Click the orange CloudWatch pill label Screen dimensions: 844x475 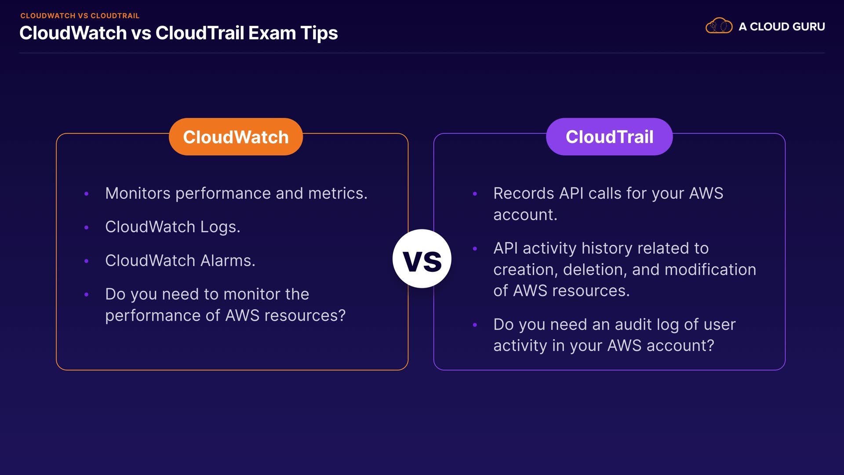[x=236, y=137]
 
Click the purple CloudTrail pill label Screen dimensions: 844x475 [x=609, y=137]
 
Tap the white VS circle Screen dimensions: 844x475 [x=422, y=259]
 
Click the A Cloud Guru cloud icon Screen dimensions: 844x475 [x=719, y=26]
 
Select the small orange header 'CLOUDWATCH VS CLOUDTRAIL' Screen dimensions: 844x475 [x=80, y=16]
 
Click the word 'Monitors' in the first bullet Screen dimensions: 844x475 [x=138, y=194]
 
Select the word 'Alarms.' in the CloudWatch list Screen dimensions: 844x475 [x=228, y=261]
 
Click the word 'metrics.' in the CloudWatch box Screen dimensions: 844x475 [x=338, y=194]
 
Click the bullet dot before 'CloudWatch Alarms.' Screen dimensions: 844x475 [x=87, y=261]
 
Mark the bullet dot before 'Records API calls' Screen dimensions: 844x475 [x=475, y=194]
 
